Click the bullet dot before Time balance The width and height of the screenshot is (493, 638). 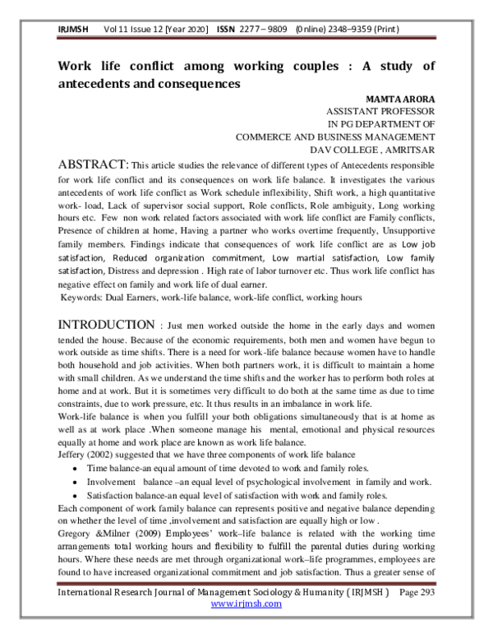pos(76,468)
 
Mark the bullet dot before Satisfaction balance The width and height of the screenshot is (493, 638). pos(76,497)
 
